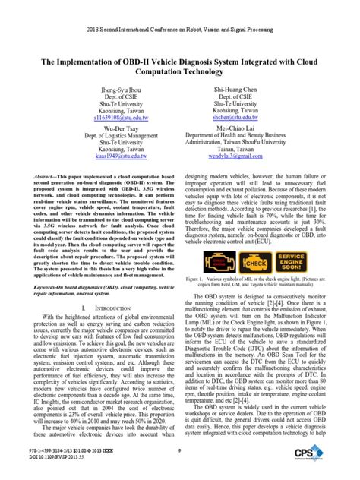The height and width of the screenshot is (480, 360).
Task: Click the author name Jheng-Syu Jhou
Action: click(90, 90)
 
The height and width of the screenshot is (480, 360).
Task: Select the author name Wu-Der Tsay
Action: click(90, 130)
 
